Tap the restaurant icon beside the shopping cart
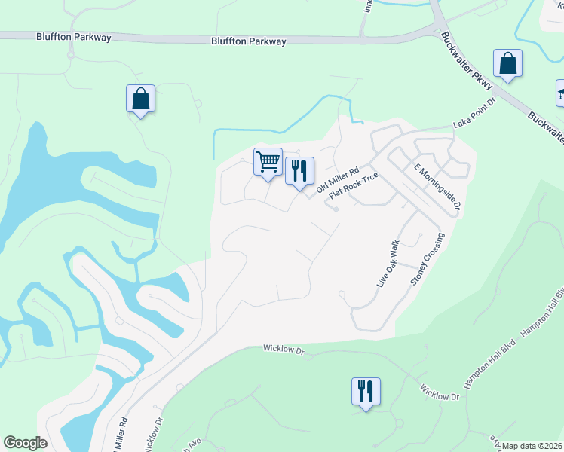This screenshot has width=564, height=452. pos(299,170)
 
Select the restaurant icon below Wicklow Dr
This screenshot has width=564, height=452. pos(366,392)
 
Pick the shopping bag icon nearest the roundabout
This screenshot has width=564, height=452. pos(140,99)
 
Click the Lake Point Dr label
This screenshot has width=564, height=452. pos(473,113)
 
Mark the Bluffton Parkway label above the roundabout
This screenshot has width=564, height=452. pos(74,37)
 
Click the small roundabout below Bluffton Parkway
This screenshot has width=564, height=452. pos(71,54)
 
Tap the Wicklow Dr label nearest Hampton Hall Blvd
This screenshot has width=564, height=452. pos(440,394)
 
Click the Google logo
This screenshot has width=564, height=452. pos(25,443)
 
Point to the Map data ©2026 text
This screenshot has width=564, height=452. pos(532,446)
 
